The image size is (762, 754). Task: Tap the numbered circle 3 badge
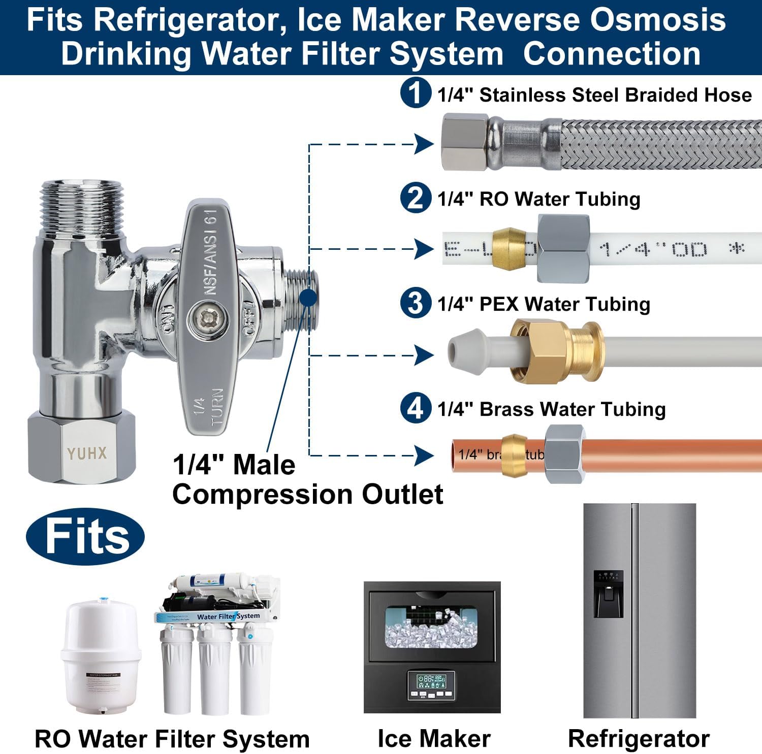(416, 303)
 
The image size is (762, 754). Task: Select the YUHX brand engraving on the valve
(87, 453)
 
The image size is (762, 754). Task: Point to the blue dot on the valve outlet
(308, 298)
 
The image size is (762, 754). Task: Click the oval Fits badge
(85, 537)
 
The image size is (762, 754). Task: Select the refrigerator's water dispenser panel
(608, 593)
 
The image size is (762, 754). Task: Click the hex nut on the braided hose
(465, 143)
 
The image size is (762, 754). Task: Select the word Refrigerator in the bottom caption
(639, 739)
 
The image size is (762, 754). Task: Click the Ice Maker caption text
(434, 739)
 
